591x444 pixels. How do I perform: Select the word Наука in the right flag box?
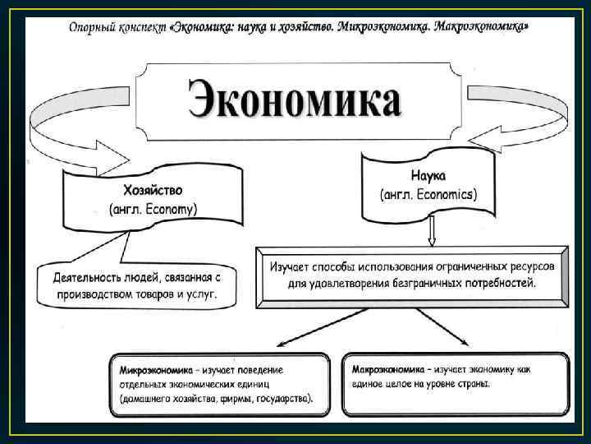tap(428, 176)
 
